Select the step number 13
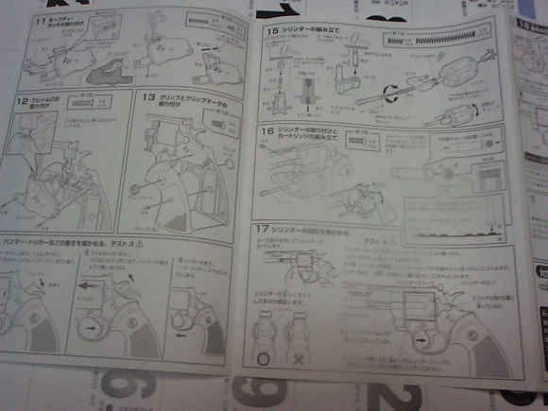tap(147, 97)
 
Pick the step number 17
tap(262, 231)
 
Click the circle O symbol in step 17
tap(261, 362)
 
